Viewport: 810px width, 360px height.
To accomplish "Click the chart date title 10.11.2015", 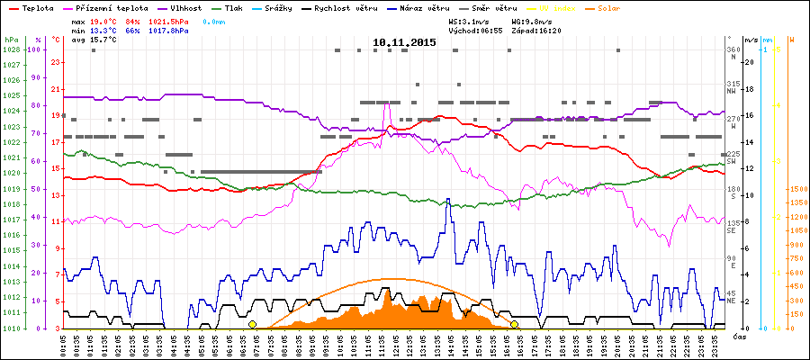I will [x=404, y=42].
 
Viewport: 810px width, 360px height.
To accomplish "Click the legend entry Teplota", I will [x=31, y=7].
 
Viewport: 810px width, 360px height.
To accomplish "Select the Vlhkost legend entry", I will [x=188, y=7].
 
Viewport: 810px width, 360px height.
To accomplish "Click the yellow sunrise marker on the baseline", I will [x=253, y=324].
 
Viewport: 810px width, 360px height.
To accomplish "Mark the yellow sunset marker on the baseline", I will [x=515, y=324].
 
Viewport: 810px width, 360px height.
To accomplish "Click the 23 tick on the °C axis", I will [x=56, y=62].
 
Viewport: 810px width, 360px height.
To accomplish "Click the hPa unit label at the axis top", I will [x=11, y=40].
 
